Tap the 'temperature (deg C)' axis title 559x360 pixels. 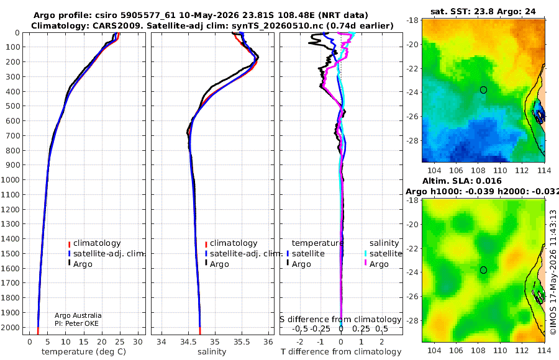point(84,352)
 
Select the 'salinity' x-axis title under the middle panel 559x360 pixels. point(212,352)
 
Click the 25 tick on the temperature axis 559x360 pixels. point(120,342)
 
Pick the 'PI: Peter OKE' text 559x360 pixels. point(76,323)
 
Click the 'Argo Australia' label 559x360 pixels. point(78,315)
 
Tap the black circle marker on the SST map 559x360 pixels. point(483,90)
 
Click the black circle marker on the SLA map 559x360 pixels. point(483,270)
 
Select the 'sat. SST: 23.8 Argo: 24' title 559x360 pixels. point(483,11)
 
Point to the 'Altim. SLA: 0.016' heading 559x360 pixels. point(462,181)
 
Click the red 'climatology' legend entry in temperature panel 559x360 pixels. point(94,243)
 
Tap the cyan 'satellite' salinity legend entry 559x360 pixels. point(383,254)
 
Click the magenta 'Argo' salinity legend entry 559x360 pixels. point(376,264)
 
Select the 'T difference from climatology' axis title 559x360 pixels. point(341,352)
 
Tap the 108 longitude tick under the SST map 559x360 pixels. point(478,171)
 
